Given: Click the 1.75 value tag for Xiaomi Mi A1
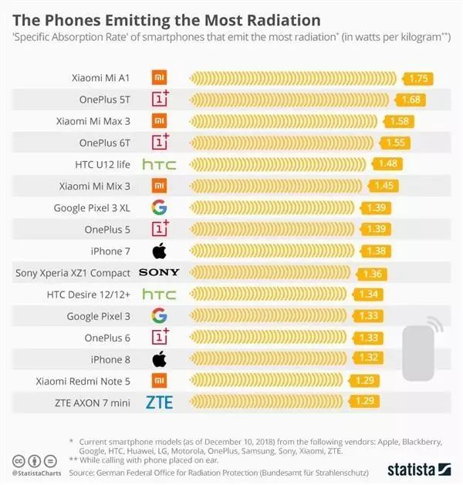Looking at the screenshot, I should coord(418,78).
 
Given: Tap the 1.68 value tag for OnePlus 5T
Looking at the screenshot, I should coord(410,99).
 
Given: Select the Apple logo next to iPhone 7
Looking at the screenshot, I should coord(159,251).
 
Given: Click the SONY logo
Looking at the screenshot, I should coord(159,272).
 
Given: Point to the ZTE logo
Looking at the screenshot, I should coord(159,402).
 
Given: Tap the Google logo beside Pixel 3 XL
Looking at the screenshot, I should coord(159,207).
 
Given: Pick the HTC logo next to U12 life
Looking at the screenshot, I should coord(159,164).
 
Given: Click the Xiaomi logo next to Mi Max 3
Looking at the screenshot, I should coord(159,121).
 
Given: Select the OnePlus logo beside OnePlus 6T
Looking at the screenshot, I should coord(160,142).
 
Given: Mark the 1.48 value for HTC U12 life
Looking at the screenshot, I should coord(387,164).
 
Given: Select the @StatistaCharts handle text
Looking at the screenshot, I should coord(37,472).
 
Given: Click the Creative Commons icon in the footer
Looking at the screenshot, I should coord(16,460).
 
